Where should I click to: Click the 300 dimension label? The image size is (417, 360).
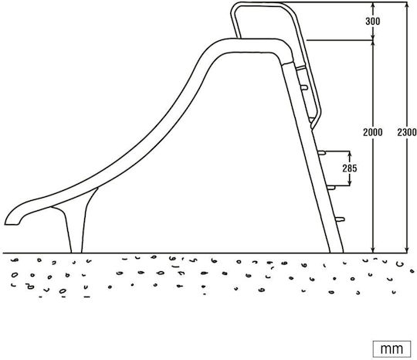point(372,21)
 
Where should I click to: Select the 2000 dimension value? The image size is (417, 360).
point(372,132)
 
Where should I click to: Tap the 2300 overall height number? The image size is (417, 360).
point(407,132)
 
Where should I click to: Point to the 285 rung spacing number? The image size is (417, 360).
point(350,168)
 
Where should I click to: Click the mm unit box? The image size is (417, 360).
point(392,348)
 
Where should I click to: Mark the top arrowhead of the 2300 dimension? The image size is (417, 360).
point(407,5)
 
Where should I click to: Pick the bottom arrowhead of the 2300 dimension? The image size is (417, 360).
point(407,250)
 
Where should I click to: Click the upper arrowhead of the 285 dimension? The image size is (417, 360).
point(350,154)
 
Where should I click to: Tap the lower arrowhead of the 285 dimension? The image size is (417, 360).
point(350,183)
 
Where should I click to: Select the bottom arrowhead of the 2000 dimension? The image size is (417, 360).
point(373,250)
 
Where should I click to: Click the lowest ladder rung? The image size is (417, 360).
point(340,219)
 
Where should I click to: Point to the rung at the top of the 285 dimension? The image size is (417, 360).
point(321,153)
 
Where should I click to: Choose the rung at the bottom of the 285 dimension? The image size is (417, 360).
point(331,188)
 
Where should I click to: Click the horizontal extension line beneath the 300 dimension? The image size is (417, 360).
point(340,40)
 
